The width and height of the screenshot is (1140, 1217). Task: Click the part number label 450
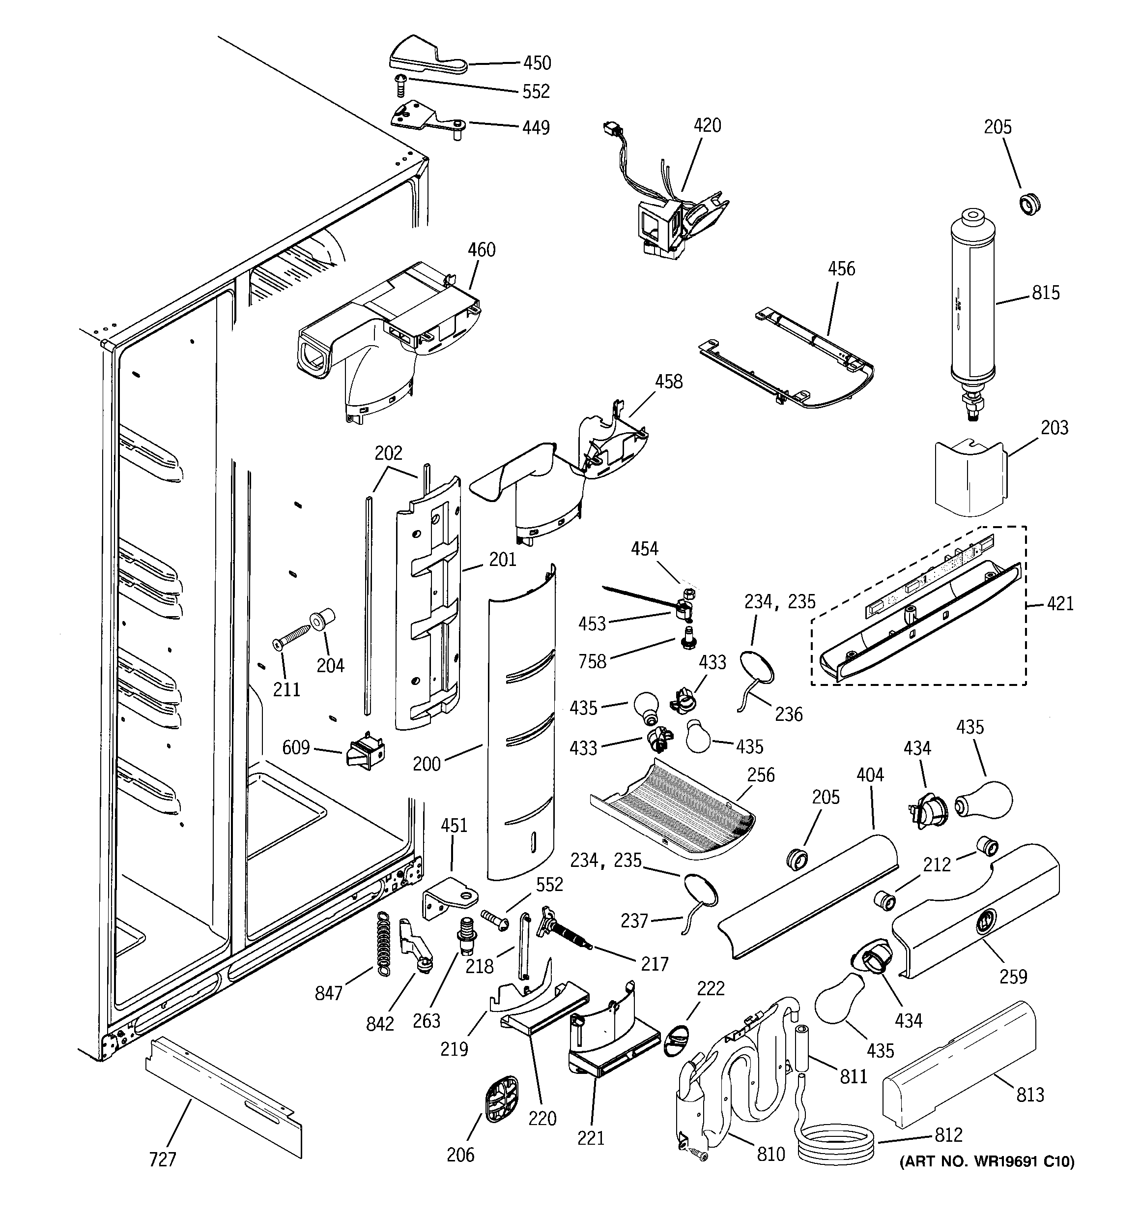[536, 63]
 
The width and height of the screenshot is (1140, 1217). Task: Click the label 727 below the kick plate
[163, 1159]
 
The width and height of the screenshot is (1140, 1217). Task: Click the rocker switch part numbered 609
[365, 750]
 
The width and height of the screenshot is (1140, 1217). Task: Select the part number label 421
[1060, 604]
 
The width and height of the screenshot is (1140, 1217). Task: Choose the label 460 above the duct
[482, 250]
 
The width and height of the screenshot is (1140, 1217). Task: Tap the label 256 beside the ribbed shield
[761, 775]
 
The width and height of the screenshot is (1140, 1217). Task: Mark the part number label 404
[870, 775]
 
